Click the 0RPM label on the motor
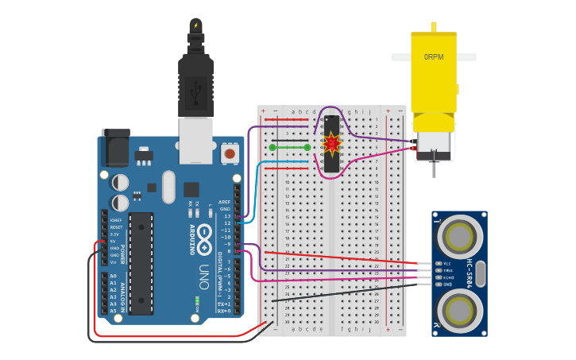(x=434, y=57)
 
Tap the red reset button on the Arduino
(x=230, y=153)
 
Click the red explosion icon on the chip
(x=331, y=144)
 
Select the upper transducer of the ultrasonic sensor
(x=458, y=236)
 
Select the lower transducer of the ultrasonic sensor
(x=458, y=309)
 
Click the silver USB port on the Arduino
(x=195, y=140)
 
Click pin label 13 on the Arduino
(x=227, y=216)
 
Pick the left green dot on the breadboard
(x=273, y=147)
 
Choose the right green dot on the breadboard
(x=307, y=147)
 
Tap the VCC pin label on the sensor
(x=446, y=263)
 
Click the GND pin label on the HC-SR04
(x=446, y=284)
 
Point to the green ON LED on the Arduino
(x=196, y=302)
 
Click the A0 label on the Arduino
(x=113, y=277)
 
